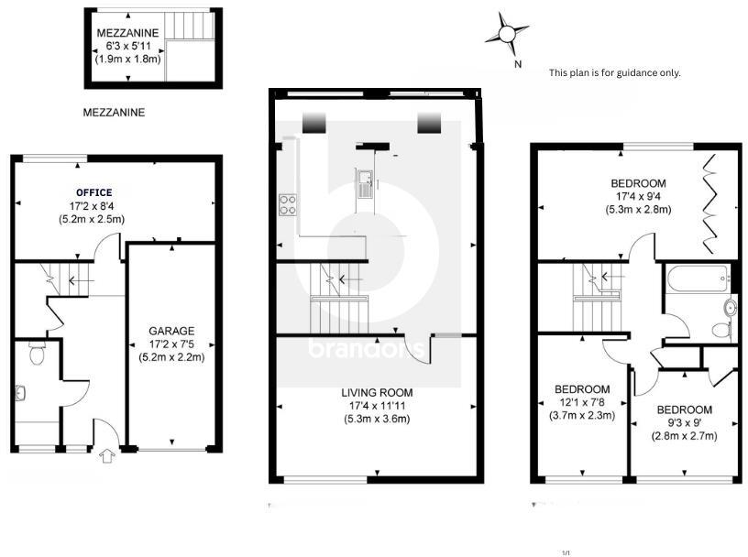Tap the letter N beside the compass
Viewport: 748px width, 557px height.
click(518, 63)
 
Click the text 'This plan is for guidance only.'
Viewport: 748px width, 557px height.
click(614, 72)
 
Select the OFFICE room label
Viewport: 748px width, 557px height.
click(94, 192)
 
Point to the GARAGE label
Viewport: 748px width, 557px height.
click(171, 331)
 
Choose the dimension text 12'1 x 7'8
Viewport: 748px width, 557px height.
click(582, 402)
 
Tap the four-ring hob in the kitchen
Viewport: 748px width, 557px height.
click(286, 204)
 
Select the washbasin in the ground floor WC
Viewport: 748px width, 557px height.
click(22, 393)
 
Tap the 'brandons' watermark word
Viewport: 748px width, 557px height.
click(366, 349)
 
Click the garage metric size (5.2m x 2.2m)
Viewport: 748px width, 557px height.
click(171, 356)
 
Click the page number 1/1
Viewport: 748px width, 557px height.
click(566, 552)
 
